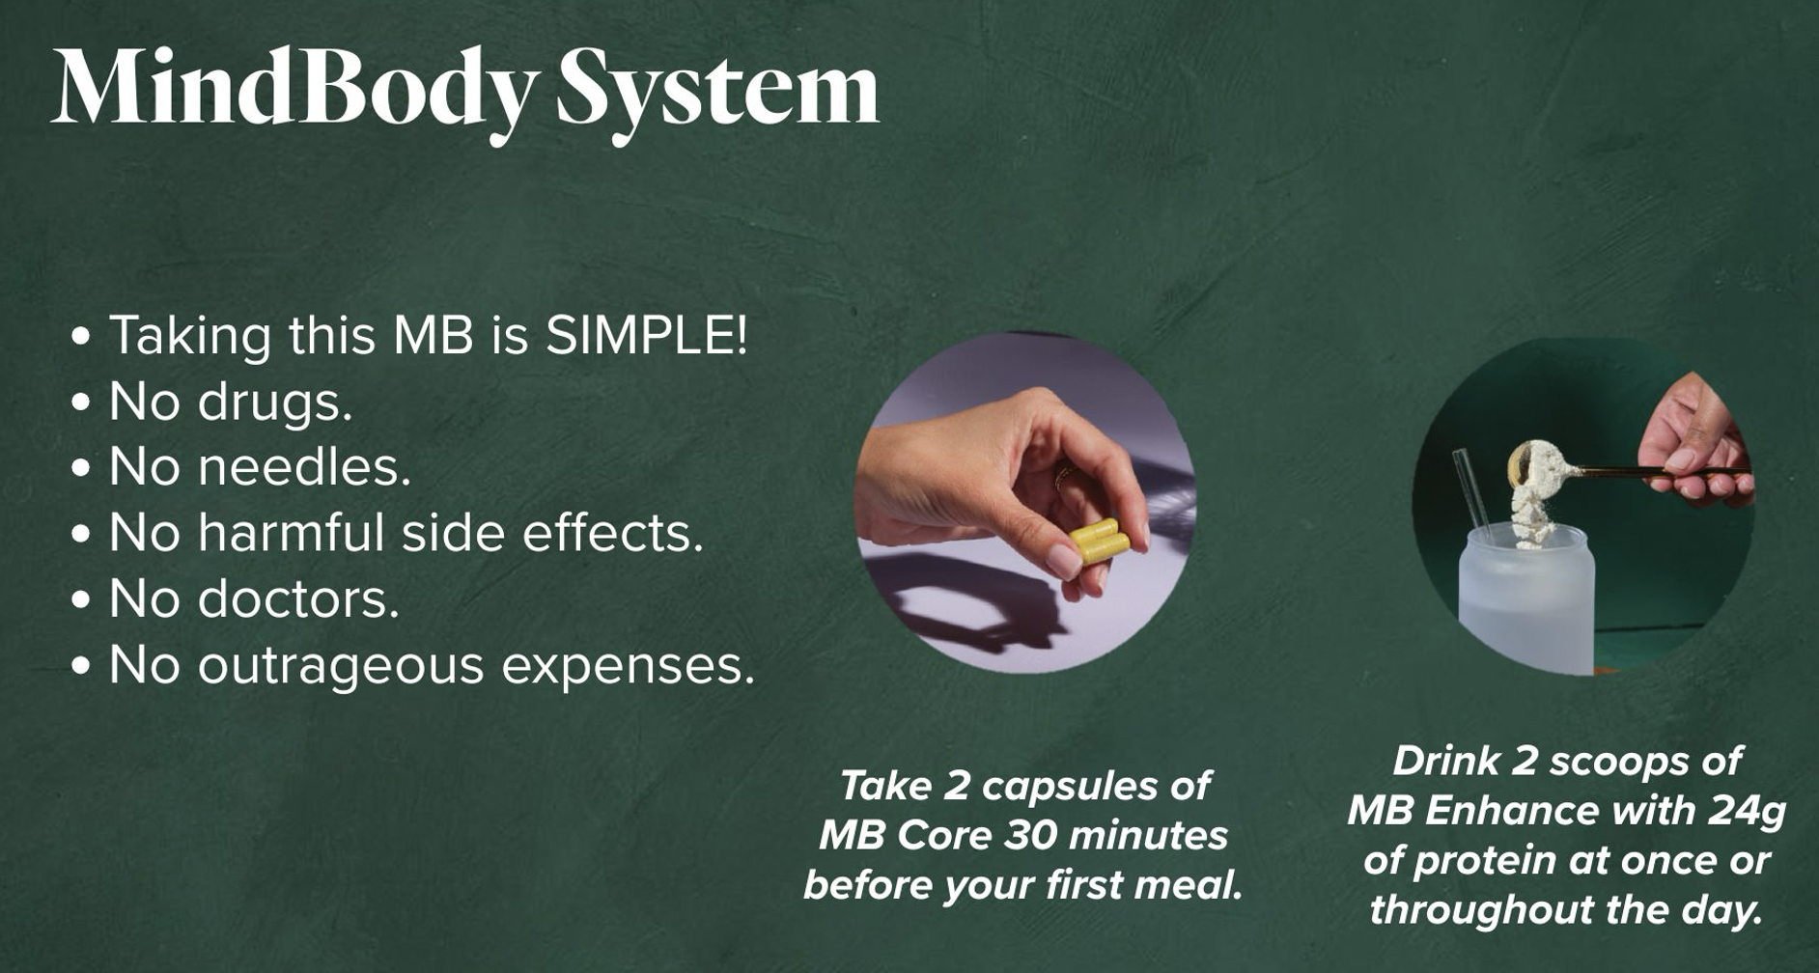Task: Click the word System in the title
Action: click(718, 90)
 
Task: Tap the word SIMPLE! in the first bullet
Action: click(646, 335)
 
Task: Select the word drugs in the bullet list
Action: click(274, 402)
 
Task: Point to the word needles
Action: click(304, 466)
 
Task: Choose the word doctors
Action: click(298, 598)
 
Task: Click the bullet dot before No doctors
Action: click(82, 600)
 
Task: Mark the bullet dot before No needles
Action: click(82, 468)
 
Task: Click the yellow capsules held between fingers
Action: click(1100, 541)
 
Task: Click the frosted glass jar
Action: click(1525, 598)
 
